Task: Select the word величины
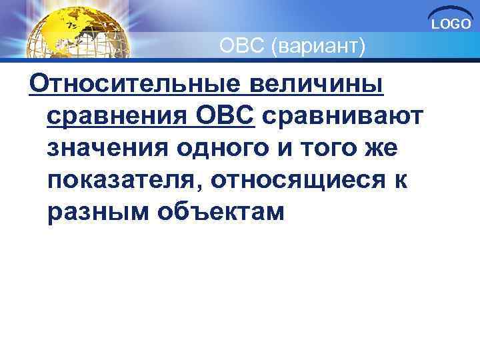[x=320, y=86]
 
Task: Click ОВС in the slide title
[x=245, y=47]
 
